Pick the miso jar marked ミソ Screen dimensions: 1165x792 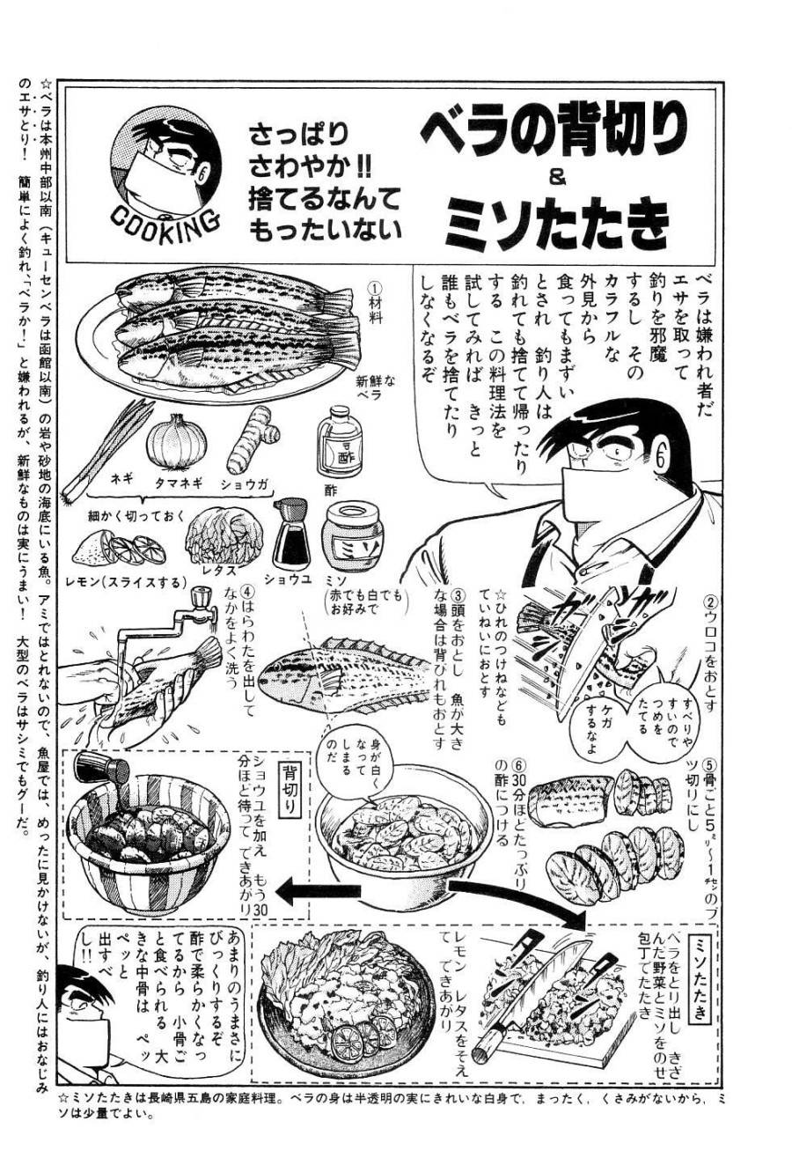(x=344, y=539)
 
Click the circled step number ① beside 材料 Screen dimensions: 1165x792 (x=373, y=288)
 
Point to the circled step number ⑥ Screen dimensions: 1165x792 (x=520, y=763)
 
